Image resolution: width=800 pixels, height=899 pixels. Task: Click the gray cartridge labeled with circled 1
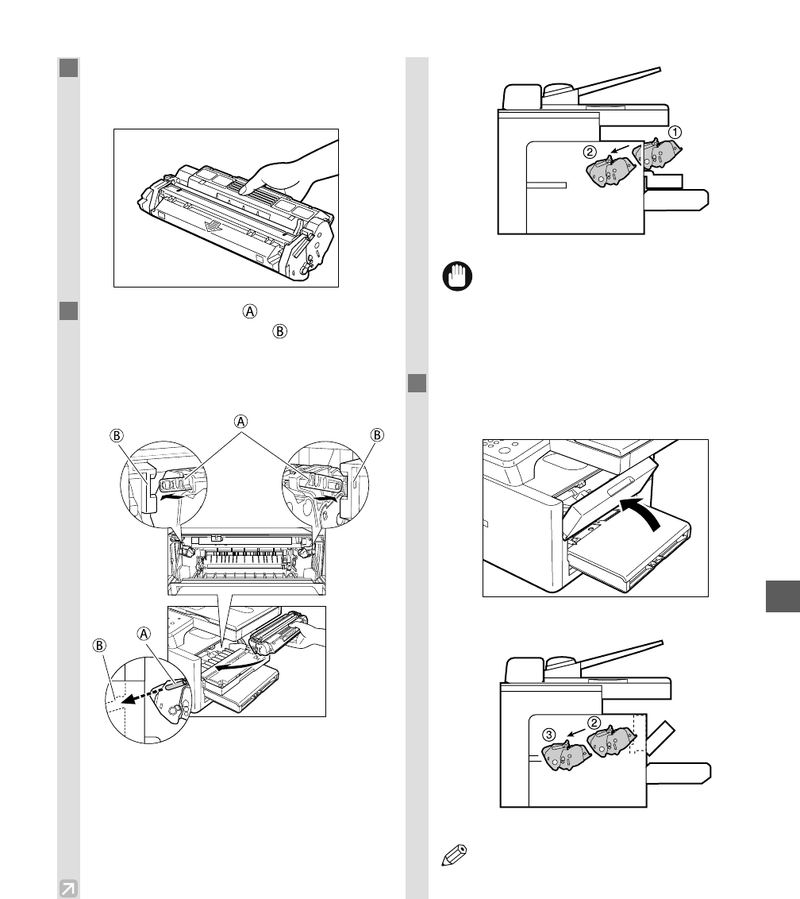(x=658, y=152)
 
